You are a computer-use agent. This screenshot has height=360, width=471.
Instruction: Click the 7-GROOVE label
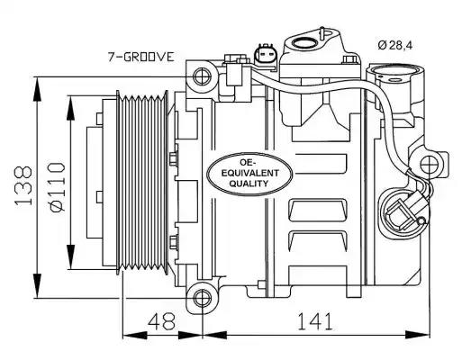pos(141,57)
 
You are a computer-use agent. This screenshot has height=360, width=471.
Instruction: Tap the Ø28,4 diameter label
pos(395,45)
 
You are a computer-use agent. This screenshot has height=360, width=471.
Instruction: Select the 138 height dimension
pos(23,185)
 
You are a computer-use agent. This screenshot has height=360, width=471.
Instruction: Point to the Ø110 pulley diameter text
pos(57,187)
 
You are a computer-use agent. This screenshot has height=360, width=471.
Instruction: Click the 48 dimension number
pos(162,320)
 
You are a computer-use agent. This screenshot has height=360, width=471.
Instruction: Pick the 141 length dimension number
pos(315,320)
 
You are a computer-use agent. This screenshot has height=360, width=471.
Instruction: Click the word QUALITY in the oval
pos(249,184)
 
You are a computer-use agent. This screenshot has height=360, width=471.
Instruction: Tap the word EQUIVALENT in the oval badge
pos(250,173)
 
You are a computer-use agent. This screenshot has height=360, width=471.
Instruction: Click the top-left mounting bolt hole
pos(201,76)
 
